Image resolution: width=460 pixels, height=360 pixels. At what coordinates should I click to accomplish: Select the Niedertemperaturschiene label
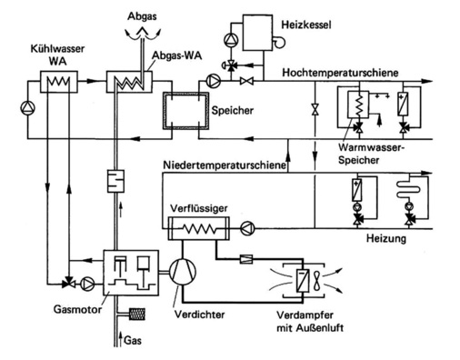[x=225, y=166]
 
